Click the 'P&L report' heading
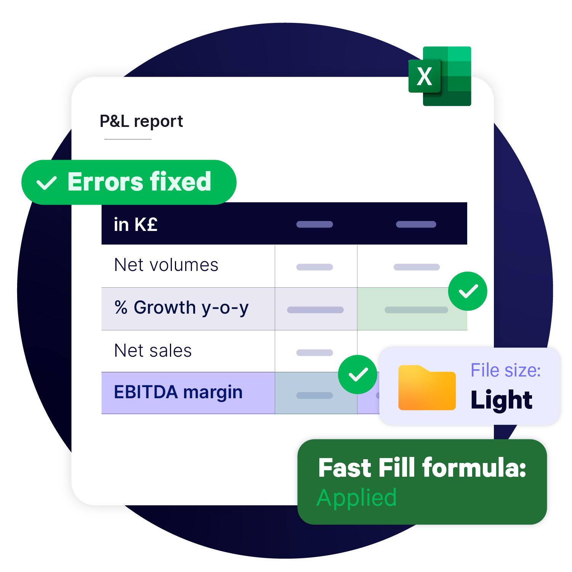coord(141,121)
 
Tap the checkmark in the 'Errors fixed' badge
coord(46,183)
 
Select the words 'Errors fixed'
coord(139,182)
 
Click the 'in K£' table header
coord(135,224)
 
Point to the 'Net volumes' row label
coord(166,265)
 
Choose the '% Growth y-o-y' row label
coord(181,308)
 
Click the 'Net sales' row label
coord(153,351)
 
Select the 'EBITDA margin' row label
coord(178,392)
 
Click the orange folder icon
coord(427,388)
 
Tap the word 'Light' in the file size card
coord(501,400)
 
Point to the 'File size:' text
coord(505,370)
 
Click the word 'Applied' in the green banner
coord(357,498)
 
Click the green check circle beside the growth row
coord(468,291)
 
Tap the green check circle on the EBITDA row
coord(357,374)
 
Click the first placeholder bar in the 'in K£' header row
coord(314,224)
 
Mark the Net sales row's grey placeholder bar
coord(314,352)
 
